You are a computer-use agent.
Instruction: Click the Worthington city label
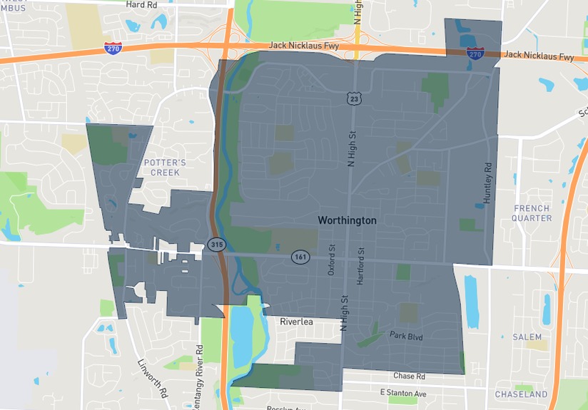pyautogui.click(x=347, y=221)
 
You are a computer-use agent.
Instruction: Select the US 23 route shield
pyautogui.click(x=354, y=98)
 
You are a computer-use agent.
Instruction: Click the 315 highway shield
pyautogui.click(x=217, y=245)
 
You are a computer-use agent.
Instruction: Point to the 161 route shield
pyautogui.click(x=300, y=256)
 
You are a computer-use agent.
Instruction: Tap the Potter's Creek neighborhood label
pyautogui.click(x=165, y=168)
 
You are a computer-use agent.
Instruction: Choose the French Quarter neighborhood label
pyautogui.click(x=532, y=213)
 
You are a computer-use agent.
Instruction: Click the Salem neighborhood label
pyautogui.click(x=527, y=337)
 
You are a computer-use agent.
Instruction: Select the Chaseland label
pyautogui.click(x=522, y=394)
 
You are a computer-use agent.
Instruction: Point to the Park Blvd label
pyautogui.click(x=406, y=335)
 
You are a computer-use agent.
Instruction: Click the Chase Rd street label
pyautogui.click(x=409, y=376)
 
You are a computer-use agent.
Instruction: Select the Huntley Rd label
pyautogui.click(x=488, y=183)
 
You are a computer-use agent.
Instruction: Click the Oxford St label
pyautogui.click(x=332, y=261)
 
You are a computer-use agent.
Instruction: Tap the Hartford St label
pyautogui.click(x=361, y=266)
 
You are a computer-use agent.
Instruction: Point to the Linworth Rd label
pyautogui.click(x=153, y=379)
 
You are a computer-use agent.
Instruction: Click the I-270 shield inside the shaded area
pyautogui.click(x=475, y=53)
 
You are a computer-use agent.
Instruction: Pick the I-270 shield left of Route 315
pyautogui.click(x=113, y=48)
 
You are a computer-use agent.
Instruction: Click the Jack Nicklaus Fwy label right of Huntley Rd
pyautogui.click(x=538, y=56)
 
